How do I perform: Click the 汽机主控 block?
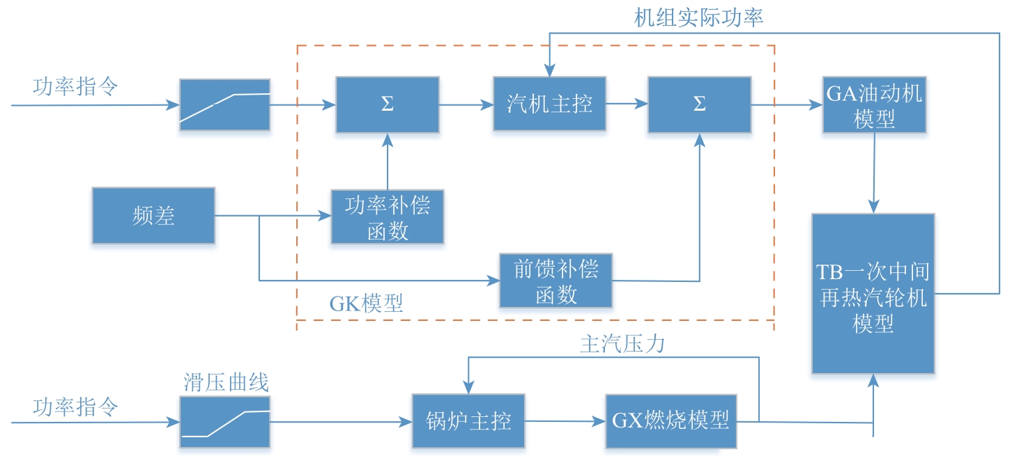[x=549, y=104]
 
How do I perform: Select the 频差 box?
[x=153, y=216]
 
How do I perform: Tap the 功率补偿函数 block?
[x=388, y=218]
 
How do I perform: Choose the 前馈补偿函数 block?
[x=556, y=281]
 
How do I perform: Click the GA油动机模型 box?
[x=874, y=105]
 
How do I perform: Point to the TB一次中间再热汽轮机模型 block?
[x=873, y=293]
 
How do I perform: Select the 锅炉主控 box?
[x=468, y=421]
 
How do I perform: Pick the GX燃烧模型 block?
[x=670, y=421]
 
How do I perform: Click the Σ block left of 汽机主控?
[x=388, y=104]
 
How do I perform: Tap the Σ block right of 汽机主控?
[x=699, y=104]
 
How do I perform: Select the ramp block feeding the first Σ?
[x=224, y=104]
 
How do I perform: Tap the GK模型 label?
[x=366, y=304]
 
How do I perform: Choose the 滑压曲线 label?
[x=226, y=382]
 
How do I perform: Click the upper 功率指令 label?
[x=75, y=88]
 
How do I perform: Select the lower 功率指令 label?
[x=75, y=406]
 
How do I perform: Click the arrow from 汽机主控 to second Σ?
[x=625, y=104]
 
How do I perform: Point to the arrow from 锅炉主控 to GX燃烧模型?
[x=564, y=421]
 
